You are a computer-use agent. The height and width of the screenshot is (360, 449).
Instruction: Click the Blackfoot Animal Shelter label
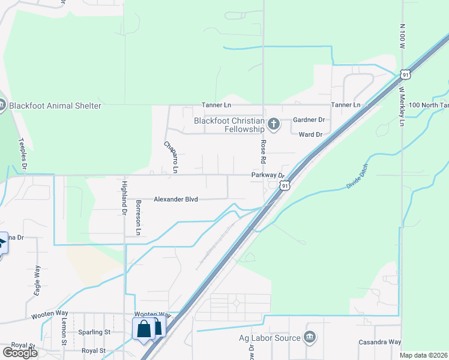coord(55,106)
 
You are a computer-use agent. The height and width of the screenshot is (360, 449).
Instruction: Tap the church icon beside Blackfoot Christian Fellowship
coord(274,125)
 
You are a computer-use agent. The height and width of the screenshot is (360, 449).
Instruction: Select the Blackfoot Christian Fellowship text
coord(229,125)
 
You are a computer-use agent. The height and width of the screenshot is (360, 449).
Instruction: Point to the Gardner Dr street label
coord(309,120)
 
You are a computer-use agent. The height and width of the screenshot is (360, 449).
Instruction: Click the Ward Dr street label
coord(310,134)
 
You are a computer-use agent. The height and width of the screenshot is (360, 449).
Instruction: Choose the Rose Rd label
coord(262,152)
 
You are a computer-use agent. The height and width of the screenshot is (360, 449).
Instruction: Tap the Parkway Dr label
coord(267,175)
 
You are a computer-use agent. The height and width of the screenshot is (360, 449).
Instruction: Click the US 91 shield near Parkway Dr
coord(286,186)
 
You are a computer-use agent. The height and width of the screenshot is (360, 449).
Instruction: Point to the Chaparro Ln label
coord(171,157)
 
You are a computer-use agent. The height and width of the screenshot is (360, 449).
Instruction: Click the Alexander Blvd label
coord(176,199)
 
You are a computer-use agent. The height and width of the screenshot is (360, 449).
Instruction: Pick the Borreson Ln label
coord(138,217)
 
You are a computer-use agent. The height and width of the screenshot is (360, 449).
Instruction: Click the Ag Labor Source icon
coord(309,337)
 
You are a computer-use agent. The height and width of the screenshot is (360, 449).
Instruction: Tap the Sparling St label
coord(95,332)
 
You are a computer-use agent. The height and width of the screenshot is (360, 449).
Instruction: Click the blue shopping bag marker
coord(144,329)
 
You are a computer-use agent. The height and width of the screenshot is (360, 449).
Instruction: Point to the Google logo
coord(20,353)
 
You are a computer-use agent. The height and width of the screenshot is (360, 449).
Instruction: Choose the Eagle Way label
coord(37,280)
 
